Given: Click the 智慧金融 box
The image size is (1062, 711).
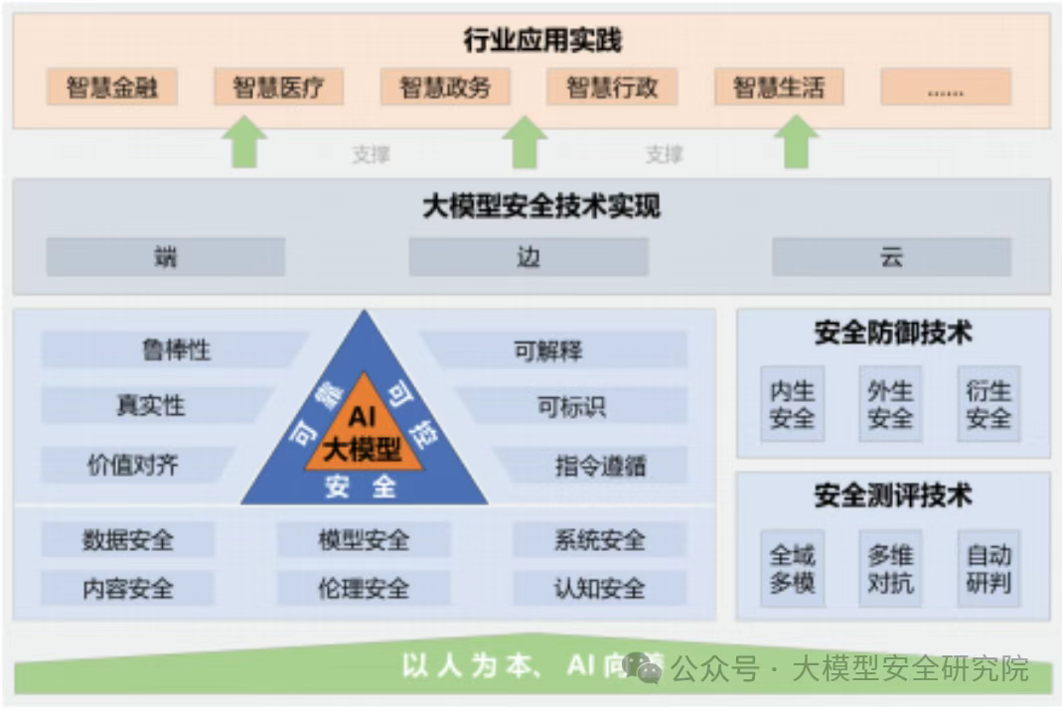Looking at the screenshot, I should click(x=111, y=87).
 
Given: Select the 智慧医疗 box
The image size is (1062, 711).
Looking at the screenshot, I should click(x=278, y=87).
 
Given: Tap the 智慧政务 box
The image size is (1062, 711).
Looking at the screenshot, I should click(x=445, y=87).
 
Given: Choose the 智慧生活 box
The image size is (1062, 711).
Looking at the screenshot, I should click(x=779, y=87).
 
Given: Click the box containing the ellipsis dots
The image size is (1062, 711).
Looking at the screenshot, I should click(x=945, y=87).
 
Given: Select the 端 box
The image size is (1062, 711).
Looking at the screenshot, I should click(x=165, y=257).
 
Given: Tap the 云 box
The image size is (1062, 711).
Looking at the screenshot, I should click(x=891, y=257).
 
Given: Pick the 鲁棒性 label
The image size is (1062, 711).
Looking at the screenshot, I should click(x=176, y=350).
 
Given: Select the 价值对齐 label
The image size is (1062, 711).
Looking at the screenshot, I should click(x=133, y=465).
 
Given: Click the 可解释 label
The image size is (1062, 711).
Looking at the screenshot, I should click(x=547, y=350).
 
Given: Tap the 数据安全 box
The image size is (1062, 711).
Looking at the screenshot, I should click(x=127, y=540).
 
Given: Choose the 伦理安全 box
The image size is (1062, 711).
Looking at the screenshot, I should click(x=363, y=588).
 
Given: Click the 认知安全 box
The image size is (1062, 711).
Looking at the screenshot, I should click(x=599, y=588).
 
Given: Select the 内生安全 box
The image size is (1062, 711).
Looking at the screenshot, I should click(x=792, y=404).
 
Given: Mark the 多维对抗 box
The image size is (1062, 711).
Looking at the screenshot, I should click(x=890, y=568).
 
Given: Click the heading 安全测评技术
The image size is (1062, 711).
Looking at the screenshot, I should click(x=892, y=496).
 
